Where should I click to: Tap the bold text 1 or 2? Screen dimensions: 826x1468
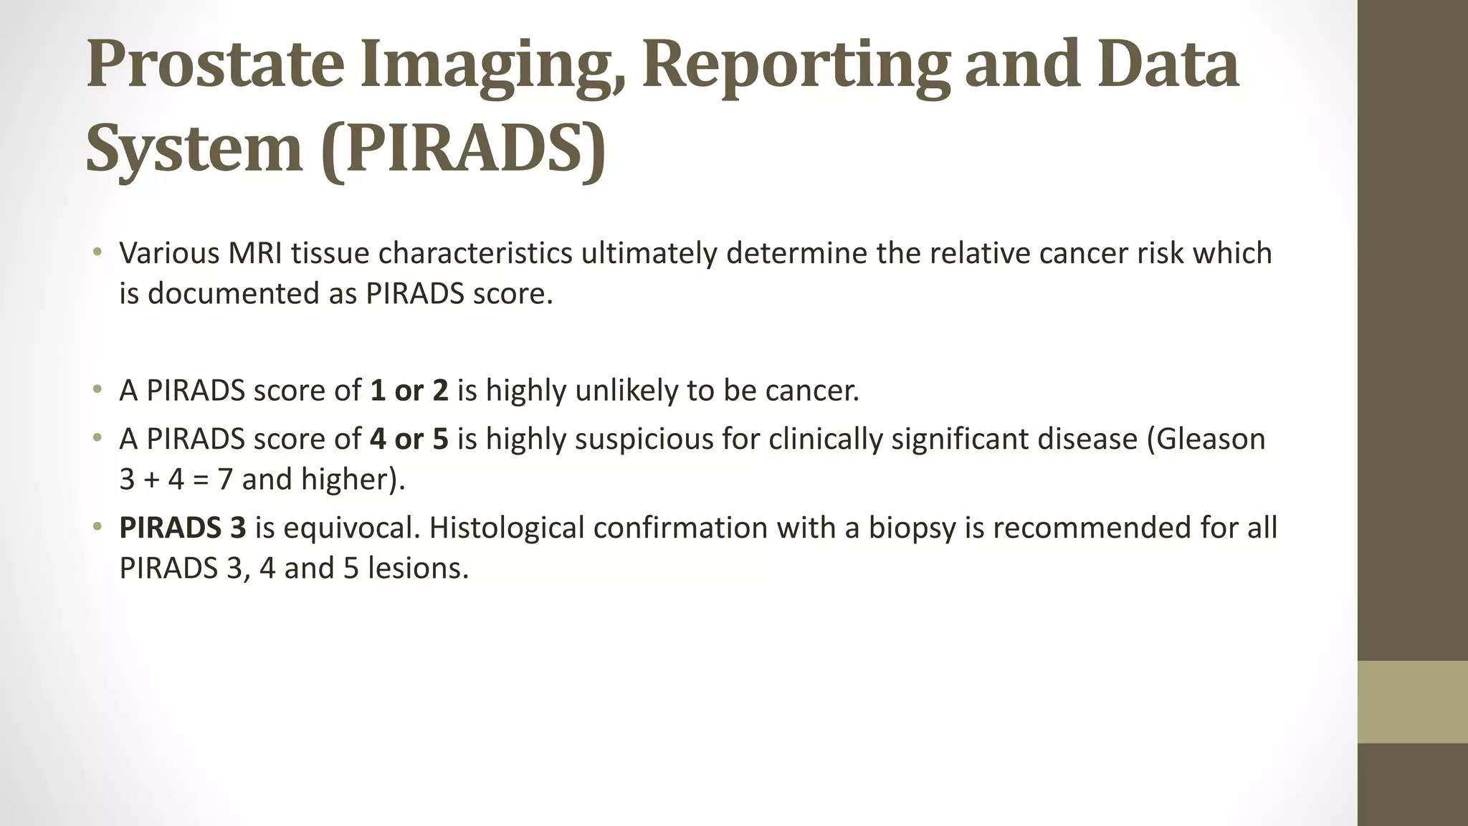tap(409, 391)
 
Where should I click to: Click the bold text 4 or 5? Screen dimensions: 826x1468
tap(409, 439)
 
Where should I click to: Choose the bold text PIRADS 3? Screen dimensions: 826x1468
tap(182, 528)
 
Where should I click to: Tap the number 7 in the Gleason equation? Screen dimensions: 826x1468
tap(225, 479)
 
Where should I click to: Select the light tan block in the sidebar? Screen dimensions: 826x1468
tap(1412, 702)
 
